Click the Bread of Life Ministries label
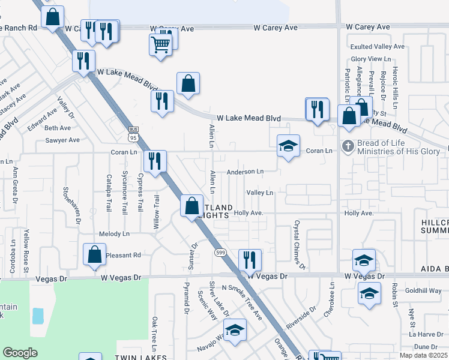coord(398,147)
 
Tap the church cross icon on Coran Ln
coord(347,146)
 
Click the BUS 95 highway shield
coord(133,134)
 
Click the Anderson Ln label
coord(245,172)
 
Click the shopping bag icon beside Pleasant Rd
coord(95,254)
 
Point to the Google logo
coord(20,353)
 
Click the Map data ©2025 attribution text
coord(424,355)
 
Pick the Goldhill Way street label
coord(423,290)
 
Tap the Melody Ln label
coord(114,233)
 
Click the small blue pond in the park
coord(38,316)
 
